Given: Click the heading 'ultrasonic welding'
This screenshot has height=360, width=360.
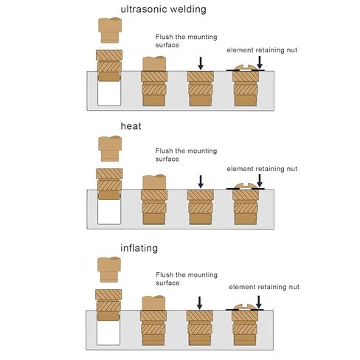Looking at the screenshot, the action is [163, 10].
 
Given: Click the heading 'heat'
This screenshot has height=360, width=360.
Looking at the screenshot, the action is [131, 126].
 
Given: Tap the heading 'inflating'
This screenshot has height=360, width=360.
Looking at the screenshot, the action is [139, 249].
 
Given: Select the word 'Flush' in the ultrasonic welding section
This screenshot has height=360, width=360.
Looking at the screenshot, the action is [164, 37].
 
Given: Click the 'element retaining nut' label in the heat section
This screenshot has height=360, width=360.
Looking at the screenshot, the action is [262, 169].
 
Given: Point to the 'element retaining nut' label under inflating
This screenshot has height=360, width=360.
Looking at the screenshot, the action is [264, 287].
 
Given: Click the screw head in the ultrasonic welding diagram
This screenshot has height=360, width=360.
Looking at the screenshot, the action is [246, 68].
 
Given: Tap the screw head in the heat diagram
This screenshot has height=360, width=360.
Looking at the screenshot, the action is [246, 186].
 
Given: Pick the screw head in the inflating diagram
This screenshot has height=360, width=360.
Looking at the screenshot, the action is [245, 307].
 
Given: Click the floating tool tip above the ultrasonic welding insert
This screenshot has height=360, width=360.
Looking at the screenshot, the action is [110, 30].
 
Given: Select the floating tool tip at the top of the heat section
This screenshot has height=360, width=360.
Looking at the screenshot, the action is [110, 149].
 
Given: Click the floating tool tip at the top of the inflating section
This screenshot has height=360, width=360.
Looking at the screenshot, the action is [109, 269].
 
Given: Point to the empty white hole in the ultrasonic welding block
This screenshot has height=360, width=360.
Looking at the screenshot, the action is [109, 94].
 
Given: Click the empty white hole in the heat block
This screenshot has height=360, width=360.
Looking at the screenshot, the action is [109, 212].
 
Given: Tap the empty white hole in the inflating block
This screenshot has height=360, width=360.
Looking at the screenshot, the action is [108, 333].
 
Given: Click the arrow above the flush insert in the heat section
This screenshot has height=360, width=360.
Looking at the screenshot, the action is [201, 181].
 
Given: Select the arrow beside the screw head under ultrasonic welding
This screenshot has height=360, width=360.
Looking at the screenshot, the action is [260, 63].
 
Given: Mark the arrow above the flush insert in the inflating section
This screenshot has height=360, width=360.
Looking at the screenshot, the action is [200, 302].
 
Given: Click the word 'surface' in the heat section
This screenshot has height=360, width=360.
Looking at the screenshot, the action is [167, 159].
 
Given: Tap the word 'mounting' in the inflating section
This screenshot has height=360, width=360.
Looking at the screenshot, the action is [202, 275].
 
